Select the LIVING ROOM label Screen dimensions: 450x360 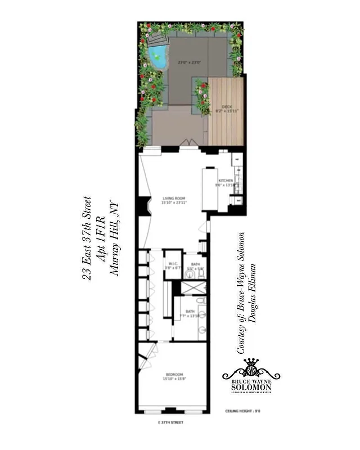(x=174, y=198)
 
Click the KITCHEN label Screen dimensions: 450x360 (x=224, y=181)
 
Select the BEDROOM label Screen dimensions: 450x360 (x=174, y=374)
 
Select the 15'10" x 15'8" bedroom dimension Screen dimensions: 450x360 (x=174, y=380)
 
